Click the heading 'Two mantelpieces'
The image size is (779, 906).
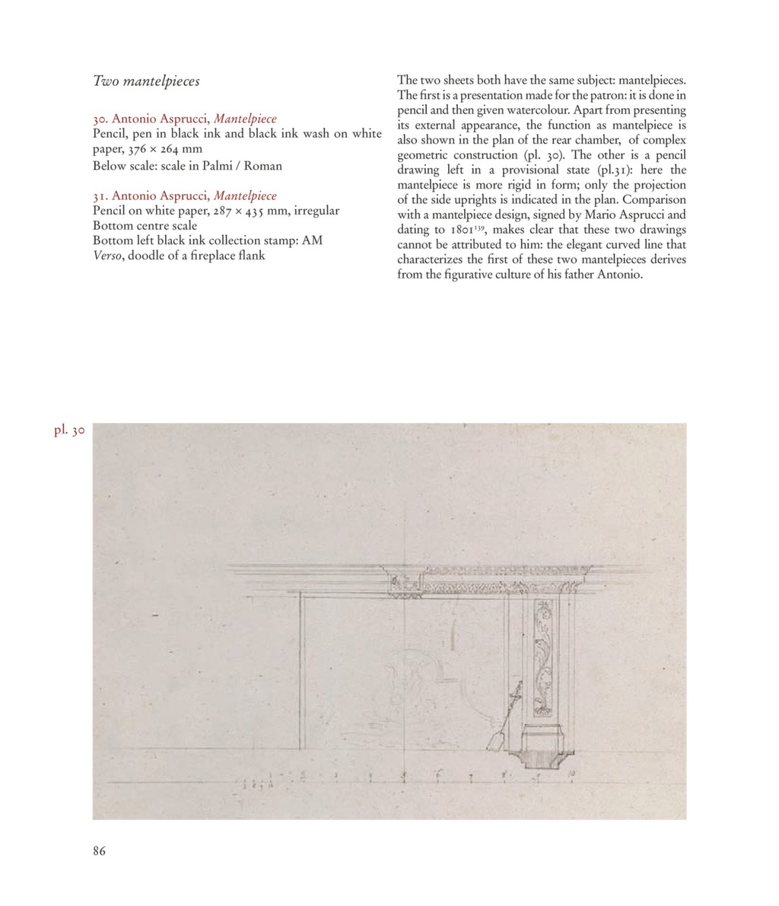[x=146, y=80]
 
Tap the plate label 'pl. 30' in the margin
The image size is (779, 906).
[x=68, y=431]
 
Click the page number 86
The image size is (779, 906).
[x=99, y=851]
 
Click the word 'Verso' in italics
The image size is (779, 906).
[x=107, y=256]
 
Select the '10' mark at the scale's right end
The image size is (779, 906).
[x=571, y=774]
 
